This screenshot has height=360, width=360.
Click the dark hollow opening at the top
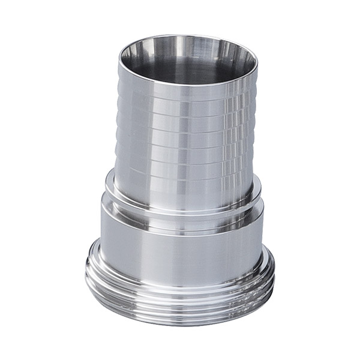point(180,67)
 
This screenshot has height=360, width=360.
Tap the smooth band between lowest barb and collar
point(186,189)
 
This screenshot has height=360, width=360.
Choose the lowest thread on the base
point(180,317)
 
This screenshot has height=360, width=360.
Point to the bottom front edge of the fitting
point(180,324)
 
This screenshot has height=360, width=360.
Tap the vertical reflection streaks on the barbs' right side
point(240,138)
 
